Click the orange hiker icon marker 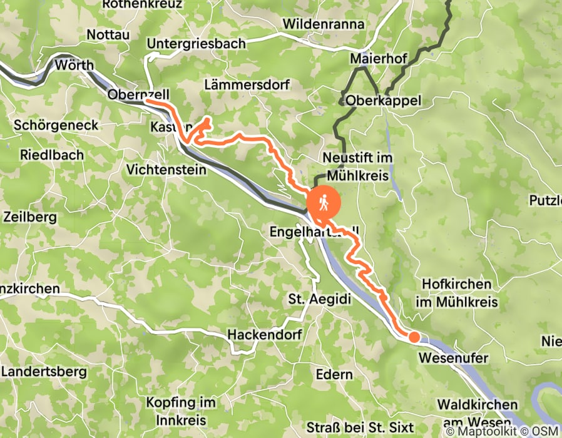coord(324,203)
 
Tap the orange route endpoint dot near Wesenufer coord(414,337)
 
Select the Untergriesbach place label coord(196,44)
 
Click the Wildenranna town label coord(324,24)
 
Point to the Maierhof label coord(379,59)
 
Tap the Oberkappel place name coord(383,101)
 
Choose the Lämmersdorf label coord(240,84)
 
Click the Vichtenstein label coord(166,170)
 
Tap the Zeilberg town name coord(30,218)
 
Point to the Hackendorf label coord(264,335)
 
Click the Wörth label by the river coord(74,65)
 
